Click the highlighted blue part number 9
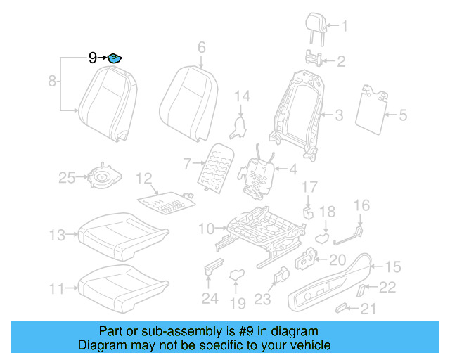tap(113, 58)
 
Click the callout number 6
tap(201, 48)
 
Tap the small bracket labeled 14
tap(240, 127)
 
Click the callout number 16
tap(361, 205)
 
